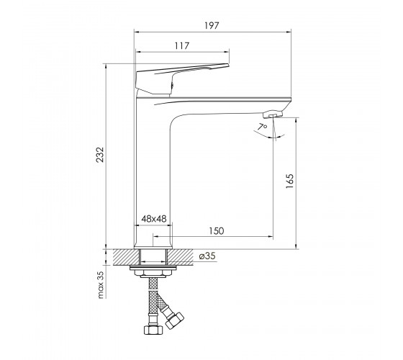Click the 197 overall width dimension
[x=212, y=25]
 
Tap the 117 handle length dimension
[x=182, y=46]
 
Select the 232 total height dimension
[x=100, y=154]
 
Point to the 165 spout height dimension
[x=289, y=181]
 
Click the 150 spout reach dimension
[x=216, y=231]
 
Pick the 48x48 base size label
[x=154, y=219]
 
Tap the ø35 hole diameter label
[x=207, y=256]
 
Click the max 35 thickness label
[x=101, y=284]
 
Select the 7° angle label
[x=263, y=127]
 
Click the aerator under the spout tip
[x=273, y=114]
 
